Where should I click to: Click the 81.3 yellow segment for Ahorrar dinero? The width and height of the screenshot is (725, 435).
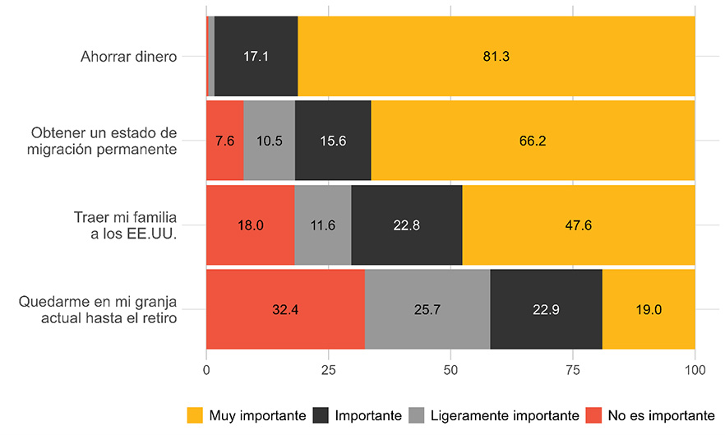pos(496,57)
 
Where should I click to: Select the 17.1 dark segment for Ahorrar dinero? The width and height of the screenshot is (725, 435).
pos(256,57)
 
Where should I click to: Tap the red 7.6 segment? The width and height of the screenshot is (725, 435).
pos(224,141)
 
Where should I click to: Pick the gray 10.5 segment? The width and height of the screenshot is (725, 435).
pos(269,141)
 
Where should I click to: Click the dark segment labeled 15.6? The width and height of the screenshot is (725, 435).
pos(332,141)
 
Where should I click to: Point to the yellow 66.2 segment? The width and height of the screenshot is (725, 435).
pos(533,141)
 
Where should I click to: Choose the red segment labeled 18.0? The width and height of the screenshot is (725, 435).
pos(250,225)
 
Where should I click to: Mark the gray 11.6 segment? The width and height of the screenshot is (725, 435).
pos(322,225)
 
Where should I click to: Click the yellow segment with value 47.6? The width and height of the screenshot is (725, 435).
pos(578,225)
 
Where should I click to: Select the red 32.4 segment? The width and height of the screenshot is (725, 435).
pos(284,310)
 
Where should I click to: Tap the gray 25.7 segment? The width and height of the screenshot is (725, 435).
pos(427,310)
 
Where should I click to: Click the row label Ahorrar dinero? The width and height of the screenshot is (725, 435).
pos(128,58)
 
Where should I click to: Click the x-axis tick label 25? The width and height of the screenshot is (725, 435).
pos(328,371)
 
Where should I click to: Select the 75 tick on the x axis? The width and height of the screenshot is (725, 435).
pos(572,371)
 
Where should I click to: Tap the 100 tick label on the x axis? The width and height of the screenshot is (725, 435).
pos(695,371)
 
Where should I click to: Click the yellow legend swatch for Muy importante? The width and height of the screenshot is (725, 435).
pos(196,414)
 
